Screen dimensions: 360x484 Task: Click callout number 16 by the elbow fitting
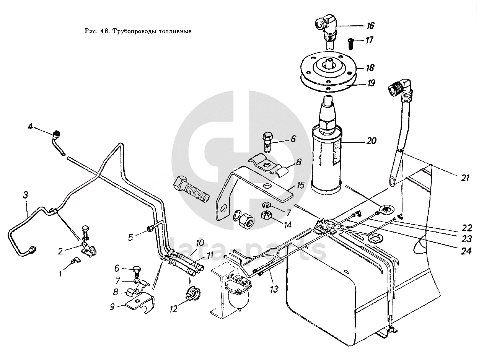pyautogui.click(x=370, y=26)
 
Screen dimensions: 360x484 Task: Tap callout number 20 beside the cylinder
pyautogui.click(x=371, y=141)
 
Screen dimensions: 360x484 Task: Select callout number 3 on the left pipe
pyautogui.click(x=25, y=195)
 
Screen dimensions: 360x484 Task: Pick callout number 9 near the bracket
pyautogui.click(x=112, y=306)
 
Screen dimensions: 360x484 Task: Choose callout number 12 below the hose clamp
pyautogui.click(x=174, y=308)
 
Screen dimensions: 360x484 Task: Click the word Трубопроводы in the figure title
pyautogui.click(x=132, y=31)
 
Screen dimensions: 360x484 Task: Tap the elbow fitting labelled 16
pyautogui.click(x=326, y=27)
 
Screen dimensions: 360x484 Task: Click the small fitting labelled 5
pyautogui.click(x=150, y=229)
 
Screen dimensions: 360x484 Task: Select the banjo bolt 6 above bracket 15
pyautogui.click(x=268, y=140)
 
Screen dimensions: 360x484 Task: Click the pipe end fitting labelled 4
pyautogui.click(x=57, y=134)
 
